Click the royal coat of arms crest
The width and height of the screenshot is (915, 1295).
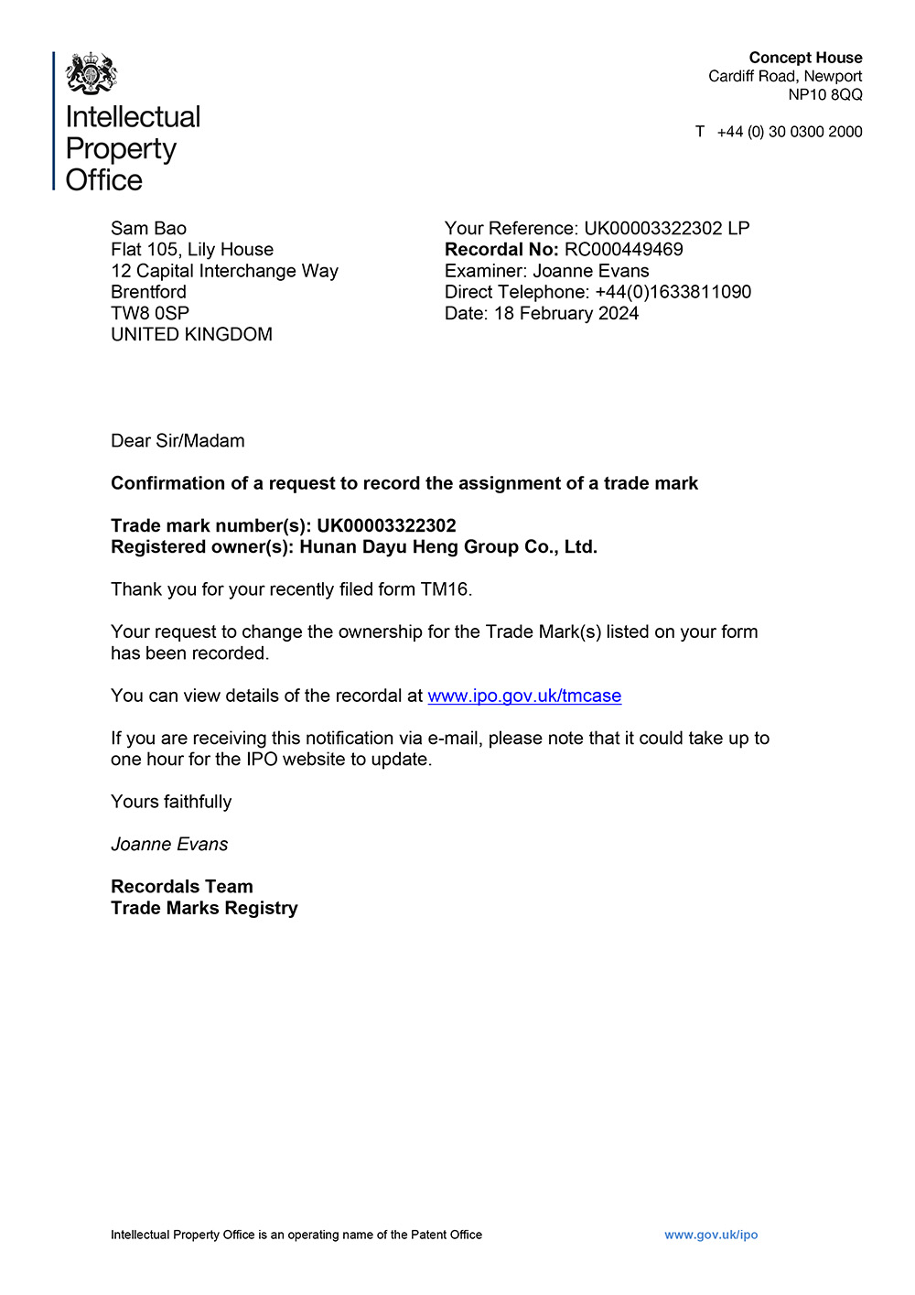click(x=91, y=73)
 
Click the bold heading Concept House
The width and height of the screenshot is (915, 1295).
click(x=805, y=58)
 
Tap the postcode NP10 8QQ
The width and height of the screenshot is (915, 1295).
click(x=825, y=94)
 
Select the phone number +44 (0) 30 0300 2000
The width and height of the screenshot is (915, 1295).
click(x=789, y=132)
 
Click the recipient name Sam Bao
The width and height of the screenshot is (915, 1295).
click(x=148, y=229)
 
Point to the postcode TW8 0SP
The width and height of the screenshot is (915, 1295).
click(x=150, y=313)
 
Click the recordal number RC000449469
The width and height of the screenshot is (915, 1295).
click(x=623, y=250)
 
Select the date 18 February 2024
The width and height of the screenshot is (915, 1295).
click(x=565, y=313)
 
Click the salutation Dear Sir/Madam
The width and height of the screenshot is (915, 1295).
click(x=178, y=441)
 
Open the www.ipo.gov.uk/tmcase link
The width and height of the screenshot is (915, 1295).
click(x=524, y=696)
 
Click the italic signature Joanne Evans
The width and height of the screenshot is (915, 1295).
click(x=169, y=844)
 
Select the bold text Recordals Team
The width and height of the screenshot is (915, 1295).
click(x=182, y=886)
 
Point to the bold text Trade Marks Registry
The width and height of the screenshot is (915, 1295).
click(x=204, y=908)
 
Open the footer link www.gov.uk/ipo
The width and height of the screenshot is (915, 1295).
click(x=711, y=1235)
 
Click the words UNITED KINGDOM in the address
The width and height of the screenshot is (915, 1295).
click(x=191, y=334)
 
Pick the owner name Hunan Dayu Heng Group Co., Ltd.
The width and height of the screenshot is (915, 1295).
click(x=448, y=547)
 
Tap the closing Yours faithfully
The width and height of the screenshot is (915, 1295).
click(x=171, y=802)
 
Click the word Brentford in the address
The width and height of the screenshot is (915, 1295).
click(x=148, y=292)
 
